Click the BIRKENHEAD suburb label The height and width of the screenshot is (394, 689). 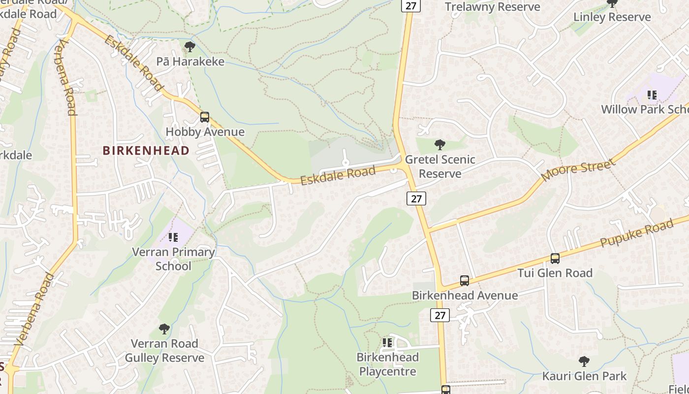(146, 151)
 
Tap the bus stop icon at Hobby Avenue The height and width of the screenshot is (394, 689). (205, 117)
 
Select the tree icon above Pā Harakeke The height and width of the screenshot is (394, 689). (189, 47)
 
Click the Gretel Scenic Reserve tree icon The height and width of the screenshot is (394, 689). (440, 145)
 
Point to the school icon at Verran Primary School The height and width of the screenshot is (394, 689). (173, 238)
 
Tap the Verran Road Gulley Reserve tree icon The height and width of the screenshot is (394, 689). (164, 329)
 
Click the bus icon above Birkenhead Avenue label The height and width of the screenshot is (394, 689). (464, 281)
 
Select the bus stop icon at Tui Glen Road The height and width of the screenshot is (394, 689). (555, 259)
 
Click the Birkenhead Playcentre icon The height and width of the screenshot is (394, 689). (387, 342)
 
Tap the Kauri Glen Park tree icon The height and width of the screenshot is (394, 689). (584, 361)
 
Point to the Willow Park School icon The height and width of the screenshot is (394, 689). (652, 95)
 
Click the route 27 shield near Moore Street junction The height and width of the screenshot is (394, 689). (416, 198)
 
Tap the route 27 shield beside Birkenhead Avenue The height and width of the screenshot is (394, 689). (440, 315)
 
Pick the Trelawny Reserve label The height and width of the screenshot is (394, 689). (492, 7)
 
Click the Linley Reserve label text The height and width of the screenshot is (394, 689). (612, 17)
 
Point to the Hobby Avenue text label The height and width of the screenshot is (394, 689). (205, 132)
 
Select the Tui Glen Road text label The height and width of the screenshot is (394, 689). (555, 273)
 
